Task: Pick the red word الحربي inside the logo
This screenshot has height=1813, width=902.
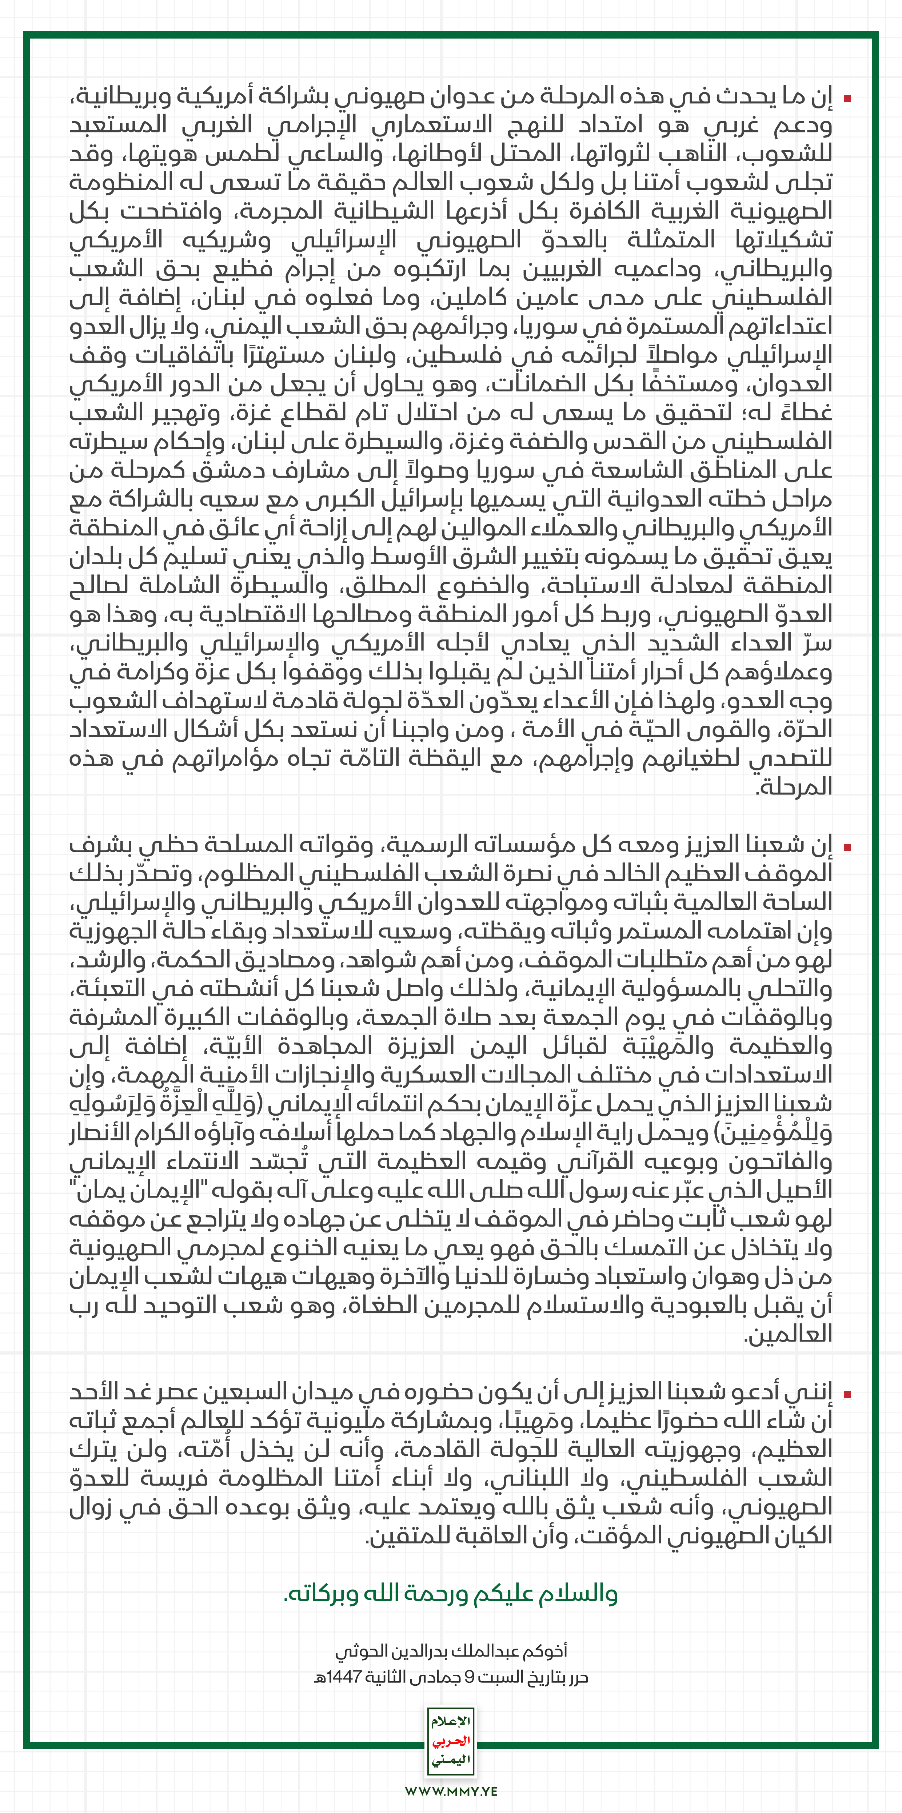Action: pyautogui.click(x=451, y=1741)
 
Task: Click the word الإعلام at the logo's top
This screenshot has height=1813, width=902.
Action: pyautogui.click(x=451, y=1721)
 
